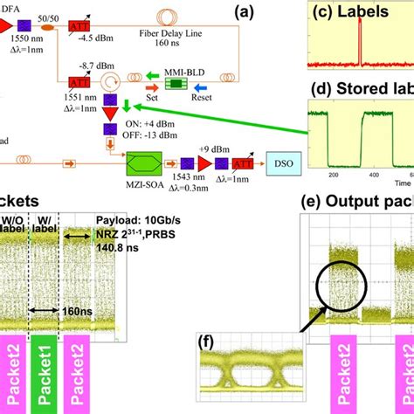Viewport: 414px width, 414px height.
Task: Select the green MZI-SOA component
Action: click(x=150, y=161)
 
